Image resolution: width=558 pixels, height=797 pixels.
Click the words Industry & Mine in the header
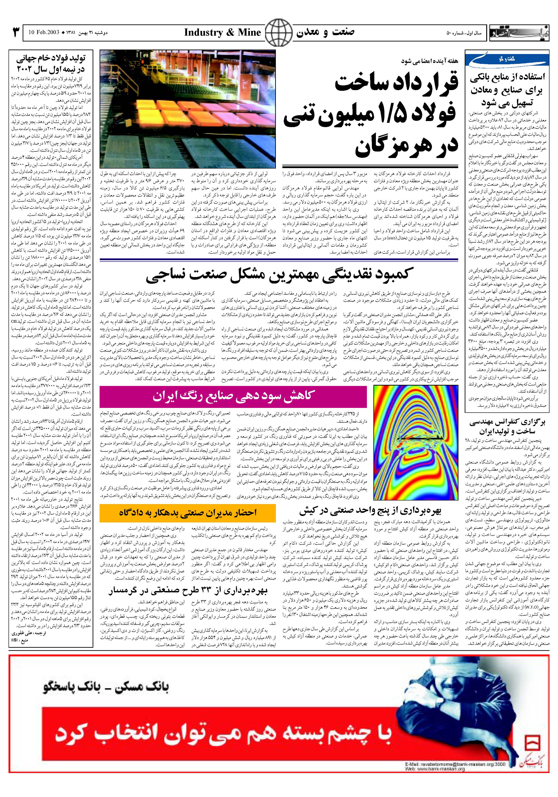click(222, 33)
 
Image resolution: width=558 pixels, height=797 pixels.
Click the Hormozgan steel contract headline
click(372, 115)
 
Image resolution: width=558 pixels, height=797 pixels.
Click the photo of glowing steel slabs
click(188, 109)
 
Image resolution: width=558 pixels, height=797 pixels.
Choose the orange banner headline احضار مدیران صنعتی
click(188, 513)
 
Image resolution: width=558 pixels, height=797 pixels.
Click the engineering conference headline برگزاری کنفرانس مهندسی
click(508, 427)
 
